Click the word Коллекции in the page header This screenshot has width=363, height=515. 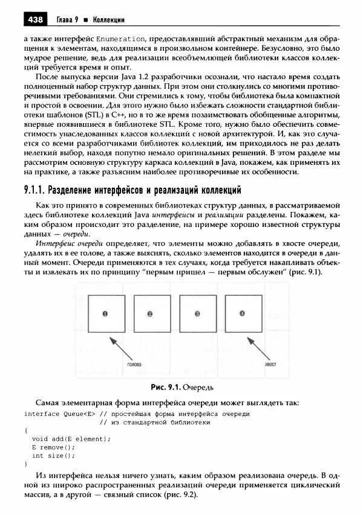click(x=109, y=20)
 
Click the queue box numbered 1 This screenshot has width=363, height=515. click(x=104, y=314)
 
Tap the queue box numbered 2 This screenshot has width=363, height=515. click(x=149, y=314)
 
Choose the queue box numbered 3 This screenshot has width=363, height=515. click(x=197, y=314)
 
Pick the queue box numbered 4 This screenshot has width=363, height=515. click(x=243, y=314)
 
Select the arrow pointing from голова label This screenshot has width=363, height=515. click(x=123, y=350)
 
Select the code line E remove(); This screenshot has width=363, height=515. click(x=53, y=447)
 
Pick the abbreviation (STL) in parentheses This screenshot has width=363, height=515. click(x=97, y=114)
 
